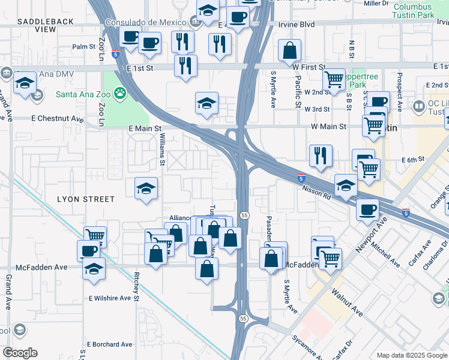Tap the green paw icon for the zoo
(x=121, y=93)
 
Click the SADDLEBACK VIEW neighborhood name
(x=46, y=25)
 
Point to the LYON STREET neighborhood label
(x=85, y=199)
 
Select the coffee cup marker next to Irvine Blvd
(x=238, y=18)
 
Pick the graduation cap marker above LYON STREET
(x=146, y=190)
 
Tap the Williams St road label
(x=162, y=149)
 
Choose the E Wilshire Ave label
(x=109, y=298)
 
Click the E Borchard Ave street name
(x=109, y=344)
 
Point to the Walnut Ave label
(x=349, y=304)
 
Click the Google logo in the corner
(x=20, y=353)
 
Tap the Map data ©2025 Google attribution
(x=411, y=355)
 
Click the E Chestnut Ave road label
(x=59, y=119)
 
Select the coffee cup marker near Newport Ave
(x=367, y=210)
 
